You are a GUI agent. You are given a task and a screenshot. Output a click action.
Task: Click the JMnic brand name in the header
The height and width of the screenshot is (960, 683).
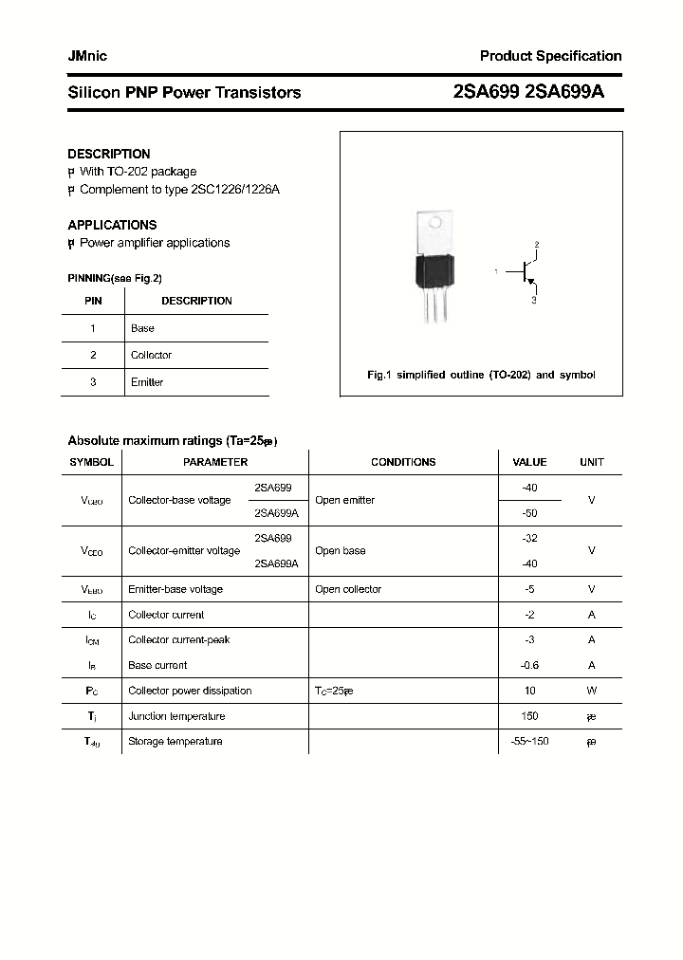point(87,56)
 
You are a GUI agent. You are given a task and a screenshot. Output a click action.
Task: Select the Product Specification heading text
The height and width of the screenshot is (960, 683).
point(550,56)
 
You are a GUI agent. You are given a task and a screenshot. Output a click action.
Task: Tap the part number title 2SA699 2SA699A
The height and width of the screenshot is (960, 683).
point(528,92)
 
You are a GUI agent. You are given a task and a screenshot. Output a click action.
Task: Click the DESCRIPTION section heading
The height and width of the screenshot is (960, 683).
point(109,154)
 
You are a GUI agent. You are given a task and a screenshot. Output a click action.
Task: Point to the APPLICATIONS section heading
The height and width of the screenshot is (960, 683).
point(112,225)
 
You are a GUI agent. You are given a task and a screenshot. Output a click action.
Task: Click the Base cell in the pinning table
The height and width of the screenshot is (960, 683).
point(142,328)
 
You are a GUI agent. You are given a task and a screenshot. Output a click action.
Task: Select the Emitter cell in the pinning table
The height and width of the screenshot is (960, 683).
point(147,382)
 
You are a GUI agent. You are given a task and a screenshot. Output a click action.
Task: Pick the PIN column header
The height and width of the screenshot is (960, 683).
point(93,301)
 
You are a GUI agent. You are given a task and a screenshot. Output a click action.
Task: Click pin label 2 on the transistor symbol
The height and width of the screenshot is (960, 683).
point(536,246)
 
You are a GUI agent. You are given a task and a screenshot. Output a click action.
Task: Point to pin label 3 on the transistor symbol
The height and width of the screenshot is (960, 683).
point(534,300)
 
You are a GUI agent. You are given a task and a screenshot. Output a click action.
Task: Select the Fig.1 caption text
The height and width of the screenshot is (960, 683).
point(481,375)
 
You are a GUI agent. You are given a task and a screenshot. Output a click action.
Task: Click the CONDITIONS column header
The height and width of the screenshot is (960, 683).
point(403,462)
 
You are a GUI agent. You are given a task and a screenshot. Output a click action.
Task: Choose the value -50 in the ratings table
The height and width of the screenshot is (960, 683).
point(529,513)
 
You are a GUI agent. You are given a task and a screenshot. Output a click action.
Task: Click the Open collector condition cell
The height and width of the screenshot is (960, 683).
point(348,589)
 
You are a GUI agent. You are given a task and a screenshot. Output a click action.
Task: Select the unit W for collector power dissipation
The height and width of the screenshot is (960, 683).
point(591,691)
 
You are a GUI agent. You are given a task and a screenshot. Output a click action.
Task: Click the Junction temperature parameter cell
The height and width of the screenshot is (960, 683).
point(176,716)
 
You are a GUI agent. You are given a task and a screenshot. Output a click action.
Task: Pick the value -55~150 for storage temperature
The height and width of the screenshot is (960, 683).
point(529,741)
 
